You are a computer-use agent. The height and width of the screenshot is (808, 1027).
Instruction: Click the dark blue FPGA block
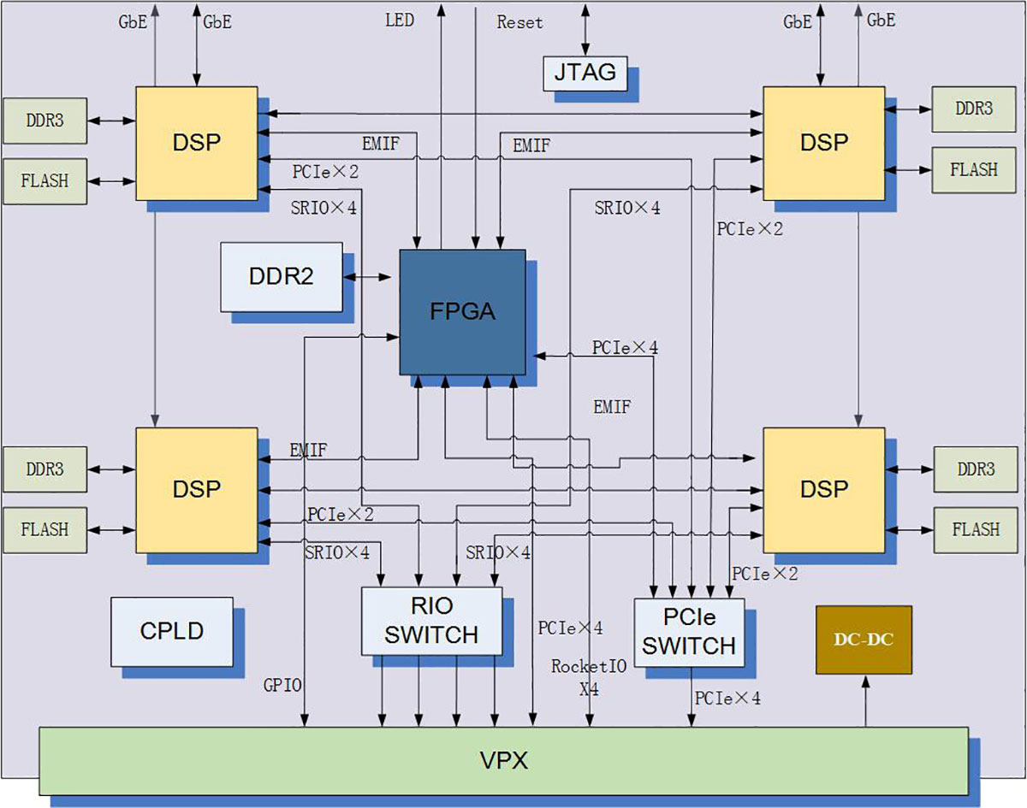pyautogui.click(x=462, y=311)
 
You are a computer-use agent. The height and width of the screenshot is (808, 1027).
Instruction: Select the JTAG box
pyautogui.click(x=585, y=73)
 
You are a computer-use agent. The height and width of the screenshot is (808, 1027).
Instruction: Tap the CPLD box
pyautogui.click(x=171, y=632)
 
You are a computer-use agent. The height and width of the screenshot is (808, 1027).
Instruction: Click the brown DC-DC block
pyautogui.click(x=864, y=640)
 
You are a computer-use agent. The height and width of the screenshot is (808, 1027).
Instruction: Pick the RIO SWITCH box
pyautogui.click(x=431, y=621)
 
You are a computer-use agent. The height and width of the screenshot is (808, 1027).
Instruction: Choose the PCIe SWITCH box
pyautogui.click(x=689, y=632)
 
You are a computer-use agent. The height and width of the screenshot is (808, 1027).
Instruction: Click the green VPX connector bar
pyautogui.click(x=503, y=760)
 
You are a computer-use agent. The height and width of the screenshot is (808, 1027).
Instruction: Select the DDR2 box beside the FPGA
pyautogui.click(x=281, y=276)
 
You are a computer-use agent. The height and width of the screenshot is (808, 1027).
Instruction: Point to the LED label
pyautogui.click(x=399, y=20)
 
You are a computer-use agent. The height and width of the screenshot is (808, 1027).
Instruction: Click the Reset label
pyautogui.click(x=519, y=23)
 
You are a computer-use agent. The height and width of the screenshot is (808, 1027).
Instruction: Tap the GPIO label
pyautogui.click(x=283, y=684)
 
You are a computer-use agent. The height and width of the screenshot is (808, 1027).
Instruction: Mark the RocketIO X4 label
pyautogui.click(x=589, y=676)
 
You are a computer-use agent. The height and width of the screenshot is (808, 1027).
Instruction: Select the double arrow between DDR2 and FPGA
pyautogui.click(x=367, y=277)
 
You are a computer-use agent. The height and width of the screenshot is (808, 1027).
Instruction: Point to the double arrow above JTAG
pyautogui.click(x=585, y=28)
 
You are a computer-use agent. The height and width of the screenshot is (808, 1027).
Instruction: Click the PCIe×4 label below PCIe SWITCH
pyautogui.click(x=727, y=699)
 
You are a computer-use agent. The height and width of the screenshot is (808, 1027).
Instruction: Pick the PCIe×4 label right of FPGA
pyautogui.click(x=625, y=348)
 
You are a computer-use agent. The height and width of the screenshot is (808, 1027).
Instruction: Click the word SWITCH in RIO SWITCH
pyautogui.click(x=431, y=635)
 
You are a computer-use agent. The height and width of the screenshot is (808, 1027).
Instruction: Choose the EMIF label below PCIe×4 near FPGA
pyautogui.click(x=611, y=408)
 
